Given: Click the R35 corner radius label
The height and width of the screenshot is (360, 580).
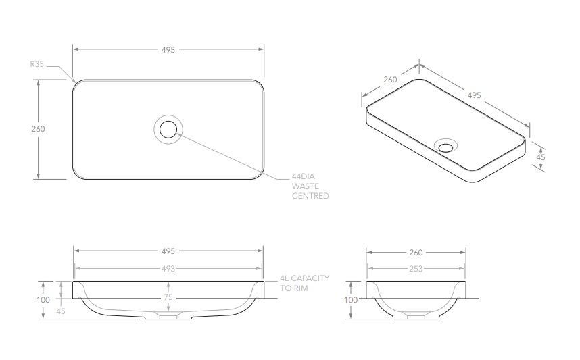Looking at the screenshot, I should pyautogui.click(x=37, y=65).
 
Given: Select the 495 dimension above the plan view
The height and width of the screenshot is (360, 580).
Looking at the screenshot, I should pyautogui.click(x=168, y=50).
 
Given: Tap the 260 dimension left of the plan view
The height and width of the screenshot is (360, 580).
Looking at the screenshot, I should pyautogui.click(x=38, y=129).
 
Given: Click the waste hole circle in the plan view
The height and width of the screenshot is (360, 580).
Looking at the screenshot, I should pyautogui.click(x=168, y=128).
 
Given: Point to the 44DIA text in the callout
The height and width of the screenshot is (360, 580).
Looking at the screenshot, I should pyautogui.click(x=304, y=173).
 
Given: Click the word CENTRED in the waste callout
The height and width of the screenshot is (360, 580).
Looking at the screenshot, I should pyautogui.click(x=310, y=196).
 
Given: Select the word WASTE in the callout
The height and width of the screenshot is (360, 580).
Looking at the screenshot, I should pyautogui.click(x=305, y=184).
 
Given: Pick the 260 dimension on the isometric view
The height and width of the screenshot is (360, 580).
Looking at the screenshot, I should pyautogui.click(x=390, y=80).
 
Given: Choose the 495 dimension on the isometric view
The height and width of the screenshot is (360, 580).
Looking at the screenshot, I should pyautogui.click(x=474, y=95).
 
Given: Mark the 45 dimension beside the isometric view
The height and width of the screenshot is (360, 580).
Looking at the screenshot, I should pyautogui.click(x=540, y=157).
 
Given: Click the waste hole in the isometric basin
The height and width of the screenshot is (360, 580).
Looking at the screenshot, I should pyautogui.click(x=446, y=146).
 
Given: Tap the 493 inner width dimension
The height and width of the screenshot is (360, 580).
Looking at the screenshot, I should pyautogui.click(x=168, y=268).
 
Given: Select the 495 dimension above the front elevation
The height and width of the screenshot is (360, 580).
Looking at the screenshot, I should pyautogui.click(x=168, y=251).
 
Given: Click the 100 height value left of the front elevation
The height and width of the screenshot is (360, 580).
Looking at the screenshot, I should pyautogui.click(x=44, y=299).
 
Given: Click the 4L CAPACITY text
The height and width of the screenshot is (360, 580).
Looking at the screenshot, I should pyautogui.click(x=304, y=278).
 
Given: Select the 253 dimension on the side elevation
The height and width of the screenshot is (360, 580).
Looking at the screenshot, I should pyautogui.click(x=416, y=269).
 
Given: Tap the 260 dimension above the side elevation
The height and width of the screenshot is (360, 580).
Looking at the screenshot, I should pyautogui.click(x=416, y=253).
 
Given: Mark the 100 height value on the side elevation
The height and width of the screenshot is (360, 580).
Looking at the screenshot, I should pyautogui.click(x=351, y=299).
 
